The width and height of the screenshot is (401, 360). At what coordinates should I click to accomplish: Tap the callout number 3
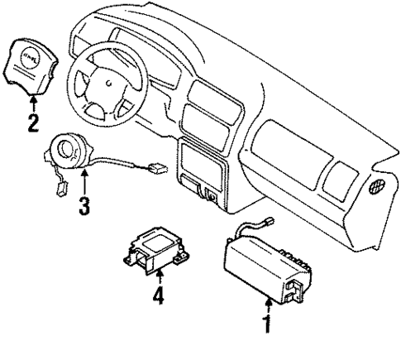point(84,204)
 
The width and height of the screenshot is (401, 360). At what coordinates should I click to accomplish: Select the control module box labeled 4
point(157,248)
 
